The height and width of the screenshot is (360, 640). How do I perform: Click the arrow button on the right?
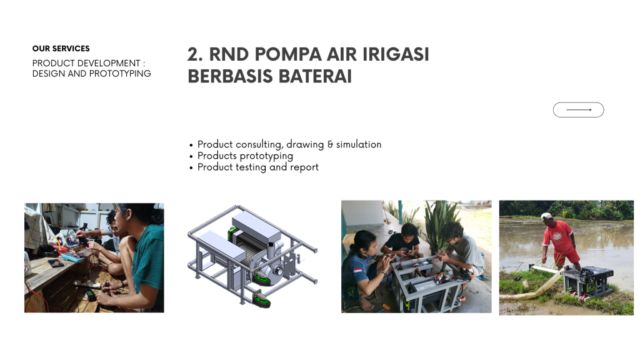pyautogui.click(x=578, y=110)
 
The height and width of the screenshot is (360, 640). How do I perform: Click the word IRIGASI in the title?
pyautogui.click(x=396, y=54)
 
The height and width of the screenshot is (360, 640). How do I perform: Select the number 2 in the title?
pyautogui.click(x=195, y=54)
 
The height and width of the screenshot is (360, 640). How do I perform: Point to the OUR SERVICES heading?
pyautogui.click(x=61, y=49)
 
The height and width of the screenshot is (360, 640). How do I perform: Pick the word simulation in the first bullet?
pyautogui.click(x=359, y=144)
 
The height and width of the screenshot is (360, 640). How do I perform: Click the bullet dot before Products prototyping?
pyautogui.click(x=191, y=156)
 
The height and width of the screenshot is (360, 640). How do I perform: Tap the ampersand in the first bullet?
pyautogui.click(x=330, y=144)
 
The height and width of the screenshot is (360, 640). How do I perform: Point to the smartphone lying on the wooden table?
pyautogui.click(x=56, y=264)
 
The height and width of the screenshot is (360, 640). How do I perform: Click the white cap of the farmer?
pyautogui.click(x=546, y=216)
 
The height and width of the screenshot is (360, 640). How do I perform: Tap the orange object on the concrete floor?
pyautogui.click(x=384, y=306)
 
